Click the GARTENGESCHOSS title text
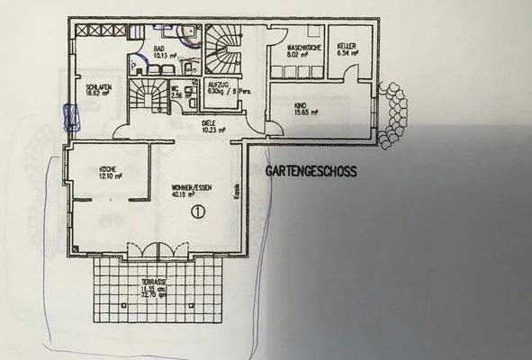[x=311, y=170]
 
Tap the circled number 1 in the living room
[x=198, y=211]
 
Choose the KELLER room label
[x=348, y=45]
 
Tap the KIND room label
[x=300, y=106]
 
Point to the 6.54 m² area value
[x=347, y=53]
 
